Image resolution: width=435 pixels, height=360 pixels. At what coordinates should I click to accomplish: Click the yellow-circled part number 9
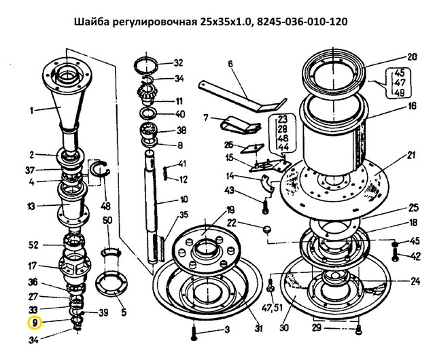pos(35,323)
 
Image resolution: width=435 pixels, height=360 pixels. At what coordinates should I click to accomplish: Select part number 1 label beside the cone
pos(32,111)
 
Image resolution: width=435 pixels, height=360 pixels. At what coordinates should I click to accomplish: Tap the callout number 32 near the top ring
pos(178,63)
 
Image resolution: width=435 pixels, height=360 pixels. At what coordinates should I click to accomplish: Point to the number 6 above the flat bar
pos(230,64)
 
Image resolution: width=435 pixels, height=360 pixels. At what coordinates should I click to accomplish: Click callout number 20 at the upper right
pos(412,57)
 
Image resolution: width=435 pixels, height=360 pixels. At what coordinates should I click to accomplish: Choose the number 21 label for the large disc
pos(411,155)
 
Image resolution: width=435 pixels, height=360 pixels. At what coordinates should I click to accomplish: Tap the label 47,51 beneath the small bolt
pos(272,307)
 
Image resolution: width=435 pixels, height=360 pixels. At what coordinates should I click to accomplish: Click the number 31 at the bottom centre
pos(258,328)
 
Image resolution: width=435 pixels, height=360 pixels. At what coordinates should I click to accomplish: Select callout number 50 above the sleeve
pos(107,221)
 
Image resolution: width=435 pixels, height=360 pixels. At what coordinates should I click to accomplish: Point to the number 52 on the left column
pos(33,245)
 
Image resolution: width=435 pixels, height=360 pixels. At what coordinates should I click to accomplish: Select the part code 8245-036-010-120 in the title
pos(302,21)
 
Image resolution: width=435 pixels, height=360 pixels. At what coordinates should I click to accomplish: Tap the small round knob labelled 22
pos(267,230)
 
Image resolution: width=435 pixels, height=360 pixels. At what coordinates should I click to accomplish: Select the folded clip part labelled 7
pos(240,125)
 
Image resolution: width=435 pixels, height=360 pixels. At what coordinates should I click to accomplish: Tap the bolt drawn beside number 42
pos(395,255)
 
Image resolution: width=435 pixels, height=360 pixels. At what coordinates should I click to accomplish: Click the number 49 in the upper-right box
pos(399,92)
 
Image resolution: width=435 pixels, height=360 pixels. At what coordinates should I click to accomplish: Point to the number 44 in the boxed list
pos(283,147)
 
